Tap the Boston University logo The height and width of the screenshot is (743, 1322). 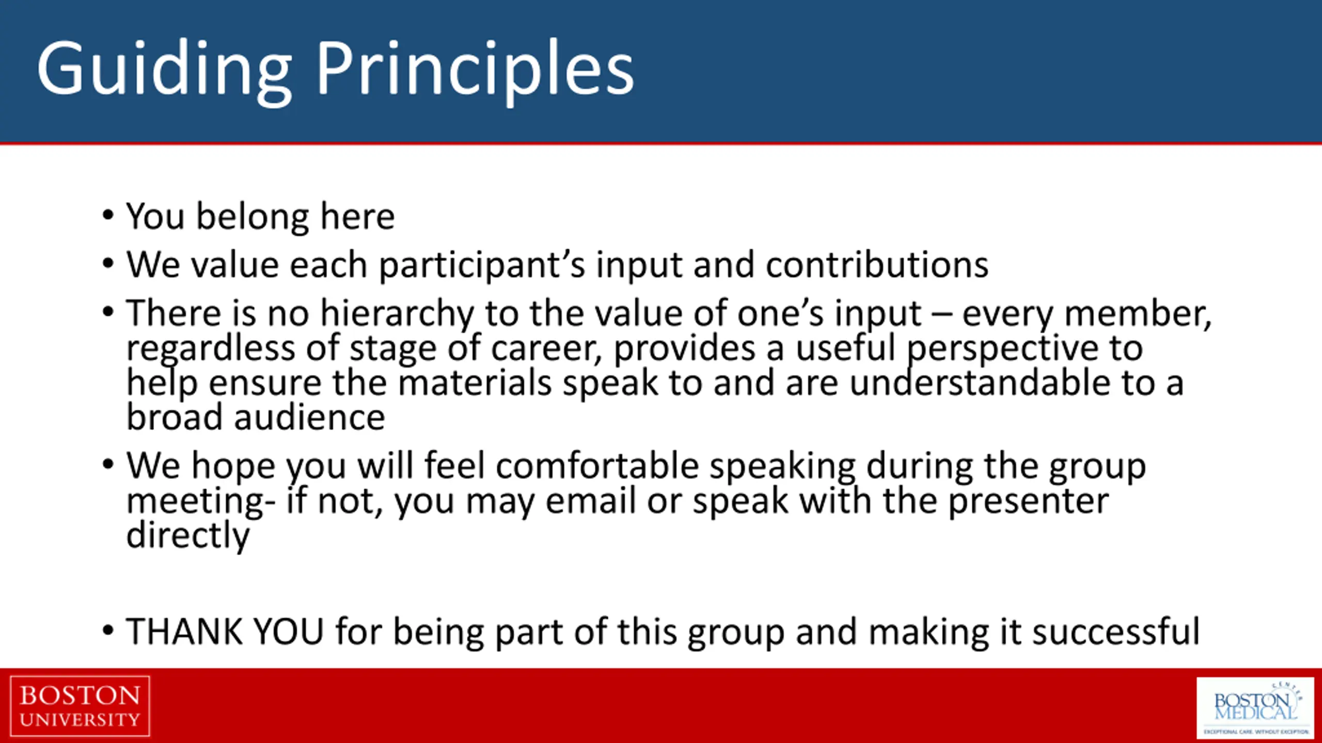click(80, 706)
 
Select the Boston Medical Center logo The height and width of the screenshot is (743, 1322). click(1255, 707)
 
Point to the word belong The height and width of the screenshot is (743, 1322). click(253, 217)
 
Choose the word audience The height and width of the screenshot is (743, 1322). click(309, 417)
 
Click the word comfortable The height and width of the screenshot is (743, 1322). click(597, 465)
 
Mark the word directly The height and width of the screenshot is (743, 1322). click(188, 536)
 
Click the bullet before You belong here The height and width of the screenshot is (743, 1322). click(107, 215)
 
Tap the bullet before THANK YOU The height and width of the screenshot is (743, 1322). click(107, 630)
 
